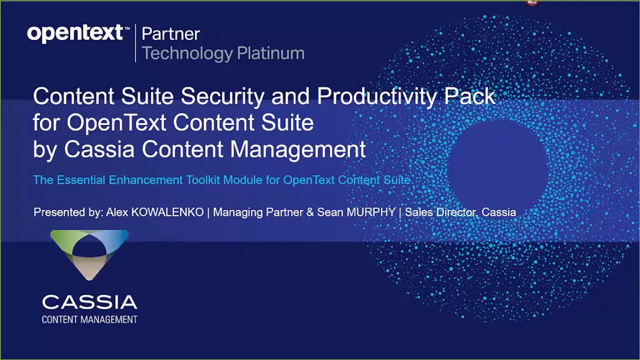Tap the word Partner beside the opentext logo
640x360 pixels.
(x=170, y=34)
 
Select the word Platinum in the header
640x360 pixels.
(x=270, y=53)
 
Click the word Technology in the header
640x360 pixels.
(x=187, y=53)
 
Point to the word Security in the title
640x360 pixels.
(x=222, y=96)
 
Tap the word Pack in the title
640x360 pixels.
(x=470, y=96)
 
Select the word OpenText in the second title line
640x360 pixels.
(x=117, y=123)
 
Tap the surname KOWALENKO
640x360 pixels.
(x=167, y=212)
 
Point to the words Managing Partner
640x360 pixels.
(x=258, y=212)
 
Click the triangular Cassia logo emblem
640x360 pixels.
(x=89, y=253)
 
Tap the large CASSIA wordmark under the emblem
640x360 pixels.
(x=89, y=302)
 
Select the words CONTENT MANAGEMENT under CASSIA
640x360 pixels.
(x=89, y=319)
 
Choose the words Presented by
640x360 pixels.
(x=68, y=212)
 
